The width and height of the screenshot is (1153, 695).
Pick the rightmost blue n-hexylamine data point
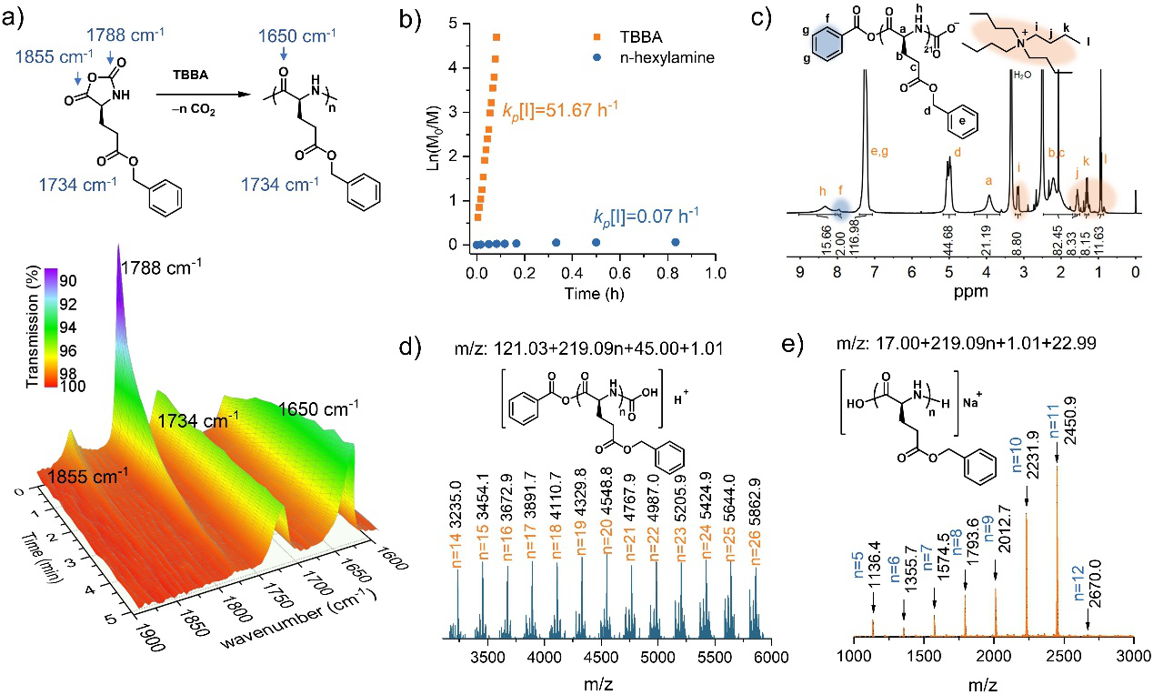pos(675,242)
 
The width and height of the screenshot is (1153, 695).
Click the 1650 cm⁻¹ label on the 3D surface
pos(311,410)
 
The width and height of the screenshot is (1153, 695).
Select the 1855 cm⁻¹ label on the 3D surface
pos(87,475)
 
